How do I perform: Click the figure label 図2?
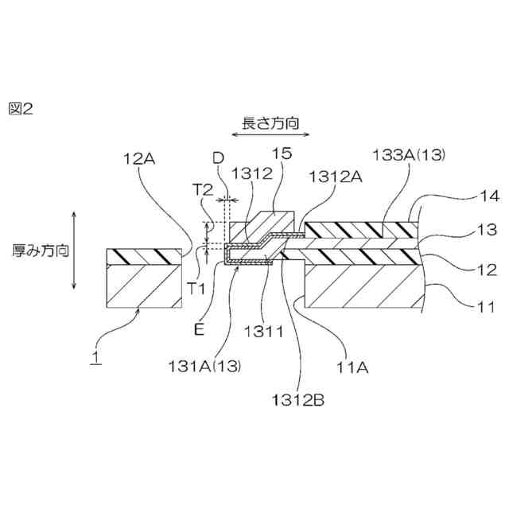point(21,110)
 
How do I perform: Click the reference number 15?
point(282,154)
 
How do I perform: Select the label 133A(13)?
point(410,155)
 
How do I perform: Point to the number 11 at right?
point(486,305)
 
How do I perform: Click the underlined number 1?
point(95,358)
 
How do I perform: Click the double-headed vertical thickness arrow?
point(75,251)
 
